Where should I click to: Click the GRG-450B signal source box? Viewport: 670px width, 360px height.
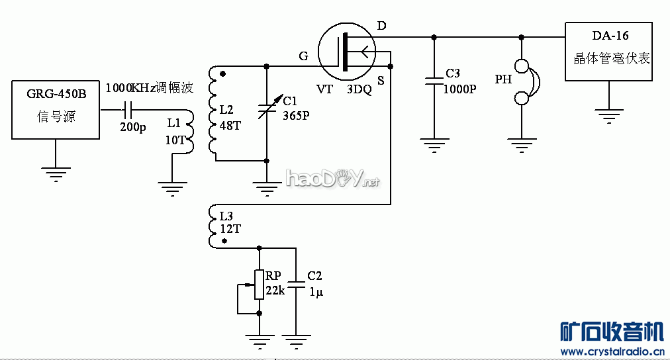[56, 110]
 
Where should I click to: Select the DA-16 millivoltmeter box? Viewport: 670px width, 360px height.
[608, 52]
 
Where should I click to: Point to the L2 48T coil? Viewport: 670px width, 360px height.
[213, 112]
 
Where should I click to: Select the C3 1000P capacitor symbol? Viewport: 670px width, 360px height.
[434, 81]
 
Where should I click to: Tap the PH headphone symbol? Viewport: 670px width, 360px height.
[524, 82]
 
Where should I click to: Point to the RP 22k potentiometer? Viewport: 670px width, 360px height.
[259, 285]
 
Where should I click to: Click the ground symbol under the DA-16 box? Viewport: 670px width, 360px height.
[608, 116]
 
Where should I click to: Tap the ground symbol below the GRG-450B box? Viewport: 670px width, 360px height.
[56, 174]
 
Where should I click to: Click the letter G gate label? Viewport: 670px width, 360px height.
[303, 56]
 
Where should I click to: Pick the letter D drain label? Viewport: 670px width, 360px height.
[381, 26]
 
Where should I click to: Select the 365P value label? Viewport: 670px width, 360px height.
[297, 114]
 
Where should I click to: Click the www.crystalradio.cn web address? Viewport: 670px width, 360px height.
[612, 351]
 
